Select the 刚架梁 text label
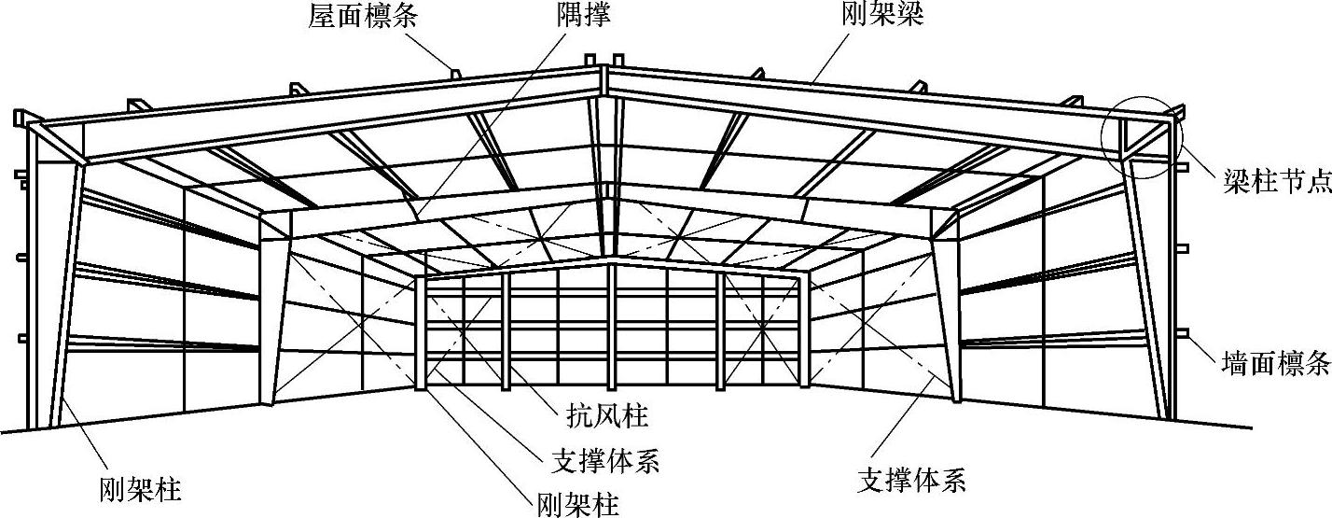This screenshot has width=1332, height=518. tap(881, 17)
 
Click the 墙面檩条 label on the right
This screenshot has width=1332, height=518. tap(1275, 364)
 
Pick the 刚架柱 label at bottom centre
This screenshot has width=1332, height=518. tap(578, 505)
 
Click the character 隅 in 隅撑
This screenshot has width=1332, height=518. tap(561, 17)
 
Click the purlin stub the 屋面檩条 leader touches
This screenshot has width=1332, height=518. tap(454, 72)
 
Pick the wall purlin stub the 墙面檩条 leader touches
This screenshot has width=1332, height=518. tap(1183, 334)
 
